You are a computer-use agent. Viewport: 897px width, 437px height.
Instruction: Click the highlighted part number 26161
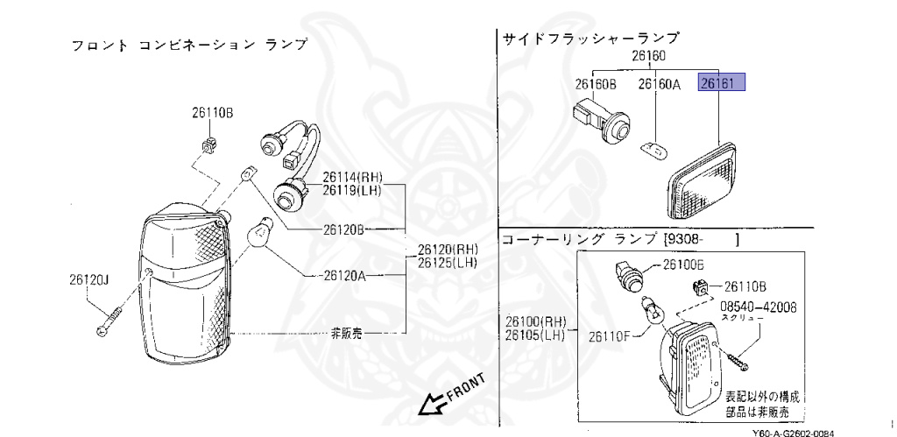coord(721,84)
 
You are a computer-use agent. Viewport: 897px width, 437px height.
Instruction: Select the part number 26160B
coord(597,84)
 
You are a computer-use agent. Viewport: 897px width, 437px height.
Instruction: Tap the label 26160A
coord(659,84)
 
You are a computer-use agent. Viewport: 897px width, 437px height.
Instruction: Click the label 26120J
coord(90,280)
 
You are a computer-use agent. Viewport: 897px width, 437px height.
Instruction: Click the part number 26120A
coord(344,276)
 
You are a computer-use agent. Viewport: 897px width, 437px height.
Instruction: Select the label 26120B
coord(344,229)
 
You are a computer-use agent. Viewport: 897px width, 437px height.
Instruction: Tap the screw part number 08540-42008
coord(759,307)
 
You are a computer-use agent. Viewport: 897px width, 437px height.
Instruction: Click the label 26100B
coord(683,264)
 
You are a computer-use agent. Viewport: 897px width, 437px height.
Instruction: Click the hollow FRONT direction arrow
coord(430,404)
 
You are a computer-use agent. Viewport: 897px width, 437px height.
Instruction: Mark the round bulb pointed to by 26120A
coord(259,233)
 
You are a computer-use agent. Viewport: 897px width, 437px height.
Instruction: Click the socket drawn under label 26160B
coord(602,121)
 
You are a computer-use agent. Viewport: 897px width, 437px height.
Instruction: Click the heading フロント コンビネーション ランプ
coord(189,44)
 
